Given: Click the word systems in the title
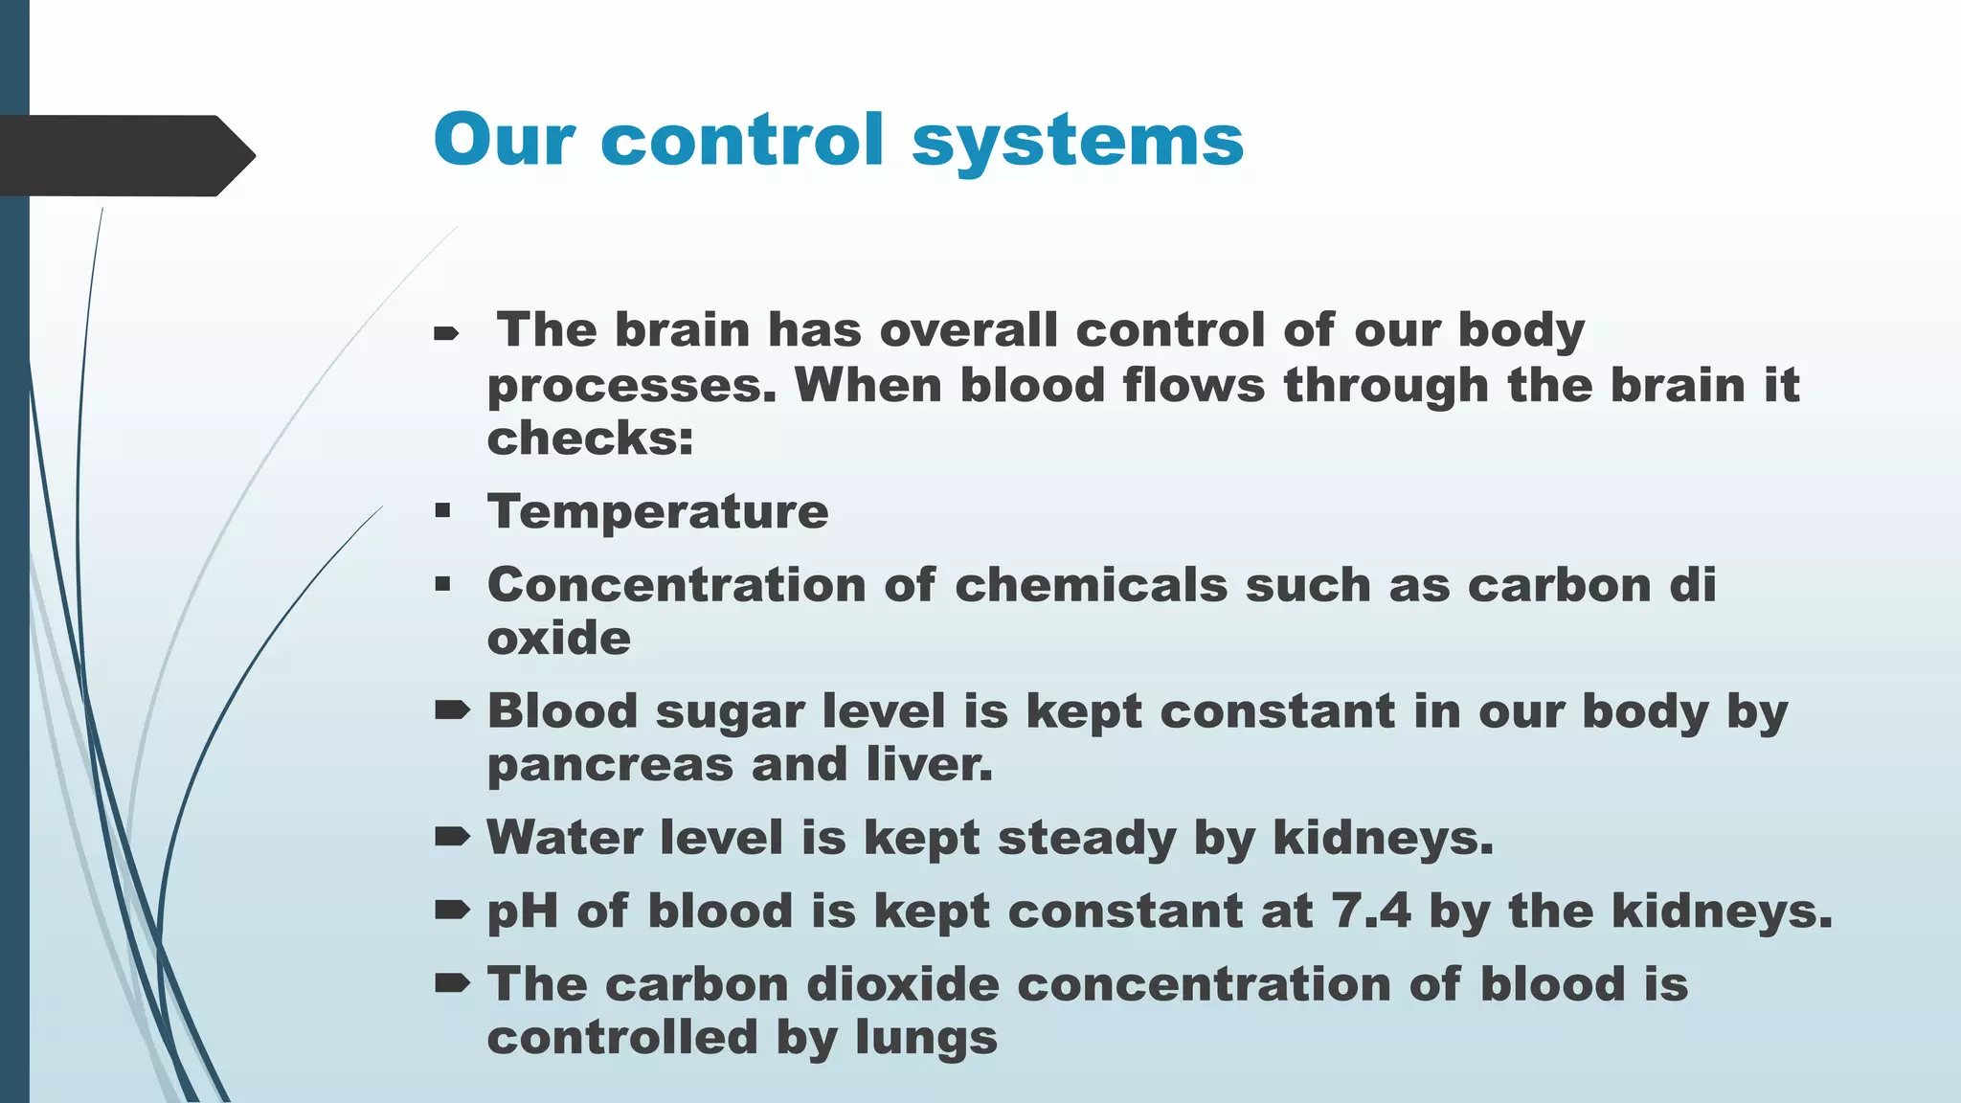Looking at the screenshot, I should (1077, 142).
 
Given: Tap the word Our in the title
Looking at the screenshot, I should (504, 140).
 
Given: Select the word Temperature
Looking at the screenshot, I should (658, 511).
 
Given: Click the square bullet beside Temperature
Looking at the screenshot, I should (442, 510).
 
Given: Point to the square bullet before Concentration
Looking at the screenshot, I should (442, 584).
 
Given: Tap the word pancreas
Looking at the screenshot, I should (610, 766).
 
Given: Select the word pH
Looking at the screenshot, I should (523, 912).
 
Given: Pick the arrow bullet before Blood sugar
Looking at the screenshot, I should (452, 710).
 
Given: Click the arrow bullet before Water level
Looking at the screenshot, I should (452, 838).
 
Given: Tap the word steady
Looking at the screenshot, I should (1087, 839).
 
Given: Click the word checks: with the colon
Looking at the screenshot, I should (590, 439).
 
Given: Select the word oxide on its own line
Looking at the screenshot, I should (559, 638).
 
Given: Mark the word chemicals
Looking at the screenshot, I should (1091, 584).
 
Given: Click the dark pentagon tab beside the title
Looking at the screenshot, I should (124, 155).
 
